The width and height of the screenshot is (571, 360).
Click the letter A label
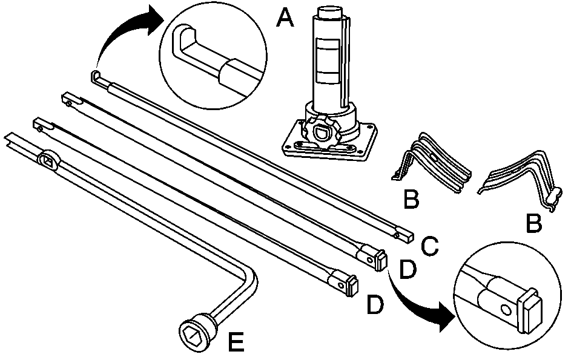(x=284, y=18)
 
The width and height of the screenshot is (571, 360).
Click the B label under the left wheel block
(x=411, y=199)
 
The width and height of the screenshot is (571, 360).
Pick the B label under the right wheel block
(x=533, y=223)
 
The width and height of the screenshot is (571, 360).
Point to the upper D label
(x=408, y=270)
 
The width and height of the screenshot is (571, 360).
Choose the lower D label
(x=375, y=305)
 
